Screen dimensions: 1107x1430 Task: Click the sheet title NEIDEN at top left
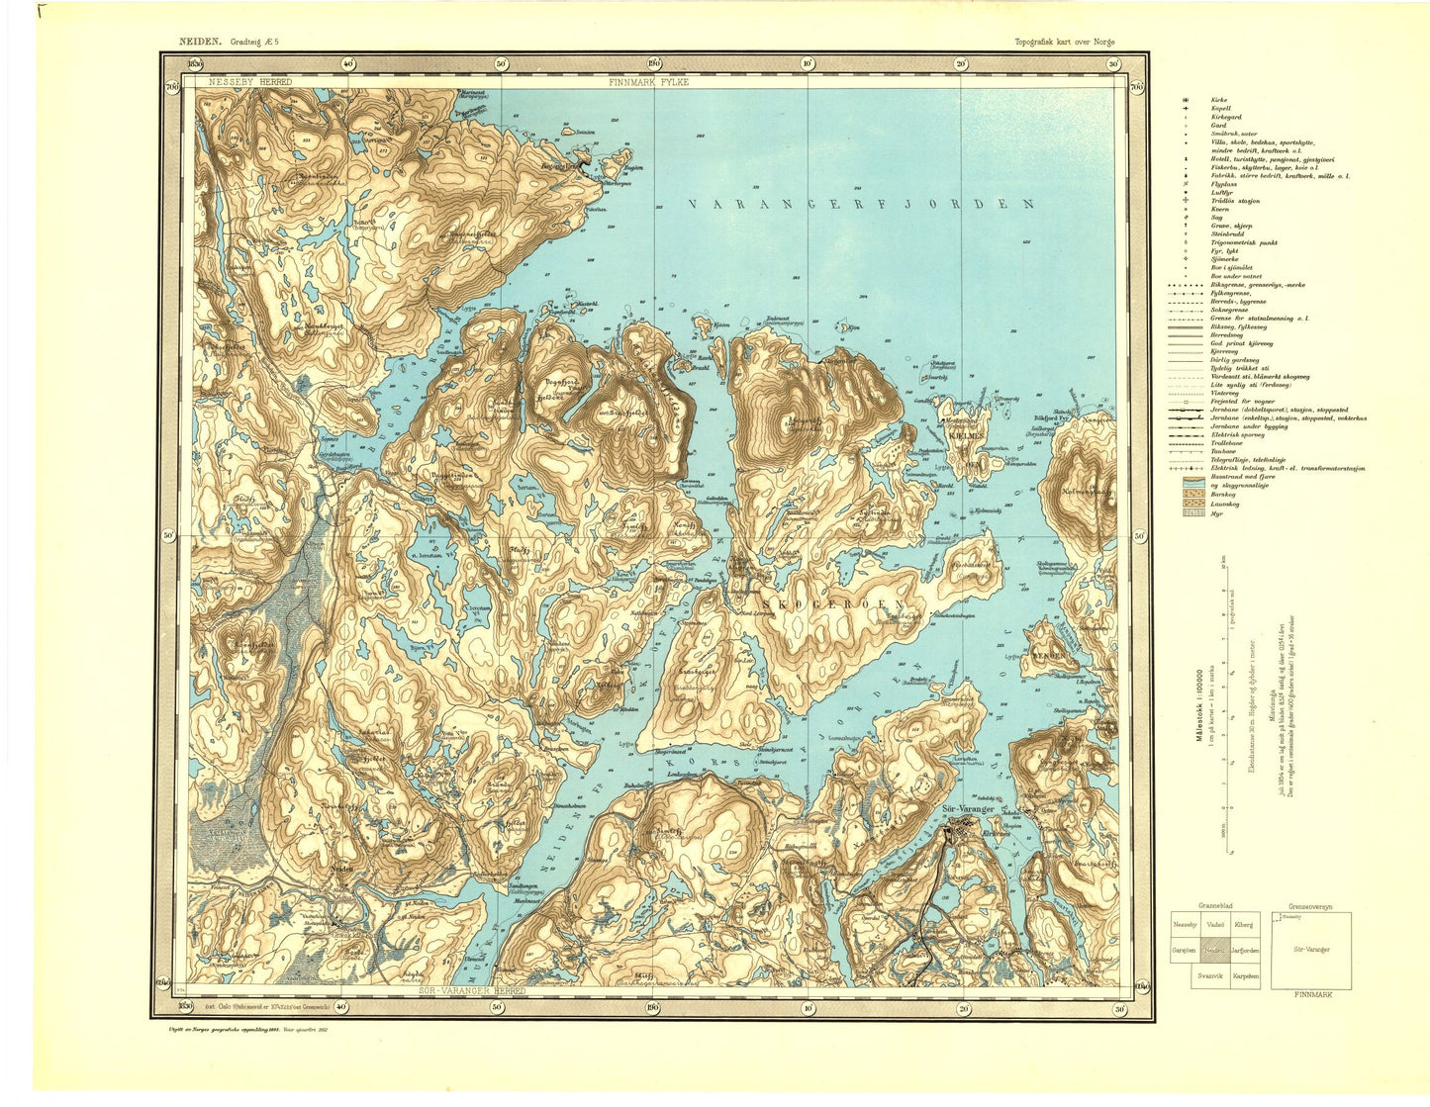201,42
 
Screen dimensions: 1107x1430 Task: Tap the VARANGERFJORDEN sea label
861,205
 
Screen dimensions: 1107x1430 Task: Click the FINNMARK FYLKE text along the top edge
649,82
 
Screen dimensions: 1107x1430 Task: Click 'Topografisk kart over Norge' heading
1064,42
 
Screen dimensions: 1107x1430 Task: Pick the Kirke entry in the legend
1219,100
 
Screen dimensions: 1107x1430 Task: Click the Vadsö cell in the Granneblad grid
1215,924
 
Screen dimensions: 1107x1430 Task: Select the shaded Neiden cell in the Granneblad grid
1215,951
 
